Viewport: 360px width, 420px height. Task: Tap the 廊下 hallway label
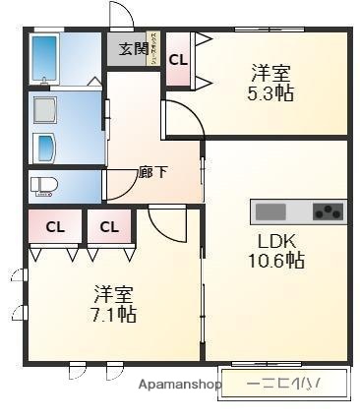[152, 173]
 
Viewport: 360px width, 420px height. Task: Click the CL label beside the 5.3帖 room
[178, 59]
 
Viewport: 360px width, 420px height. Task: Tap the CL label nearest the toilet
[55, 227]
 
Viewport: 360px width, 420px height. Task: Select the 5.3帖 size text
[271, 93]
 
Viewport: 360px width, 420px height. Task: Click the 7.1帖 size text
[114, 315]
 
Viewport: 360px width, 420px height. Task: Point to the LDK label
[276, 241]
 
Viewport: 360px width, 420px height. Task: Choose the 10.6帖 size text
[275, 262]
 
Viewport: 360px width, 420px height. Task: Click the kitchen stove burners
[329, 210]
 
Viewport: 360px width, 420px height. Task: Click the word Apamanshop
[178, 385]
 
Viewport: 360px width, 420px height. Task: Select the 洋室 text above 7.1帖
[114, 294]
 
